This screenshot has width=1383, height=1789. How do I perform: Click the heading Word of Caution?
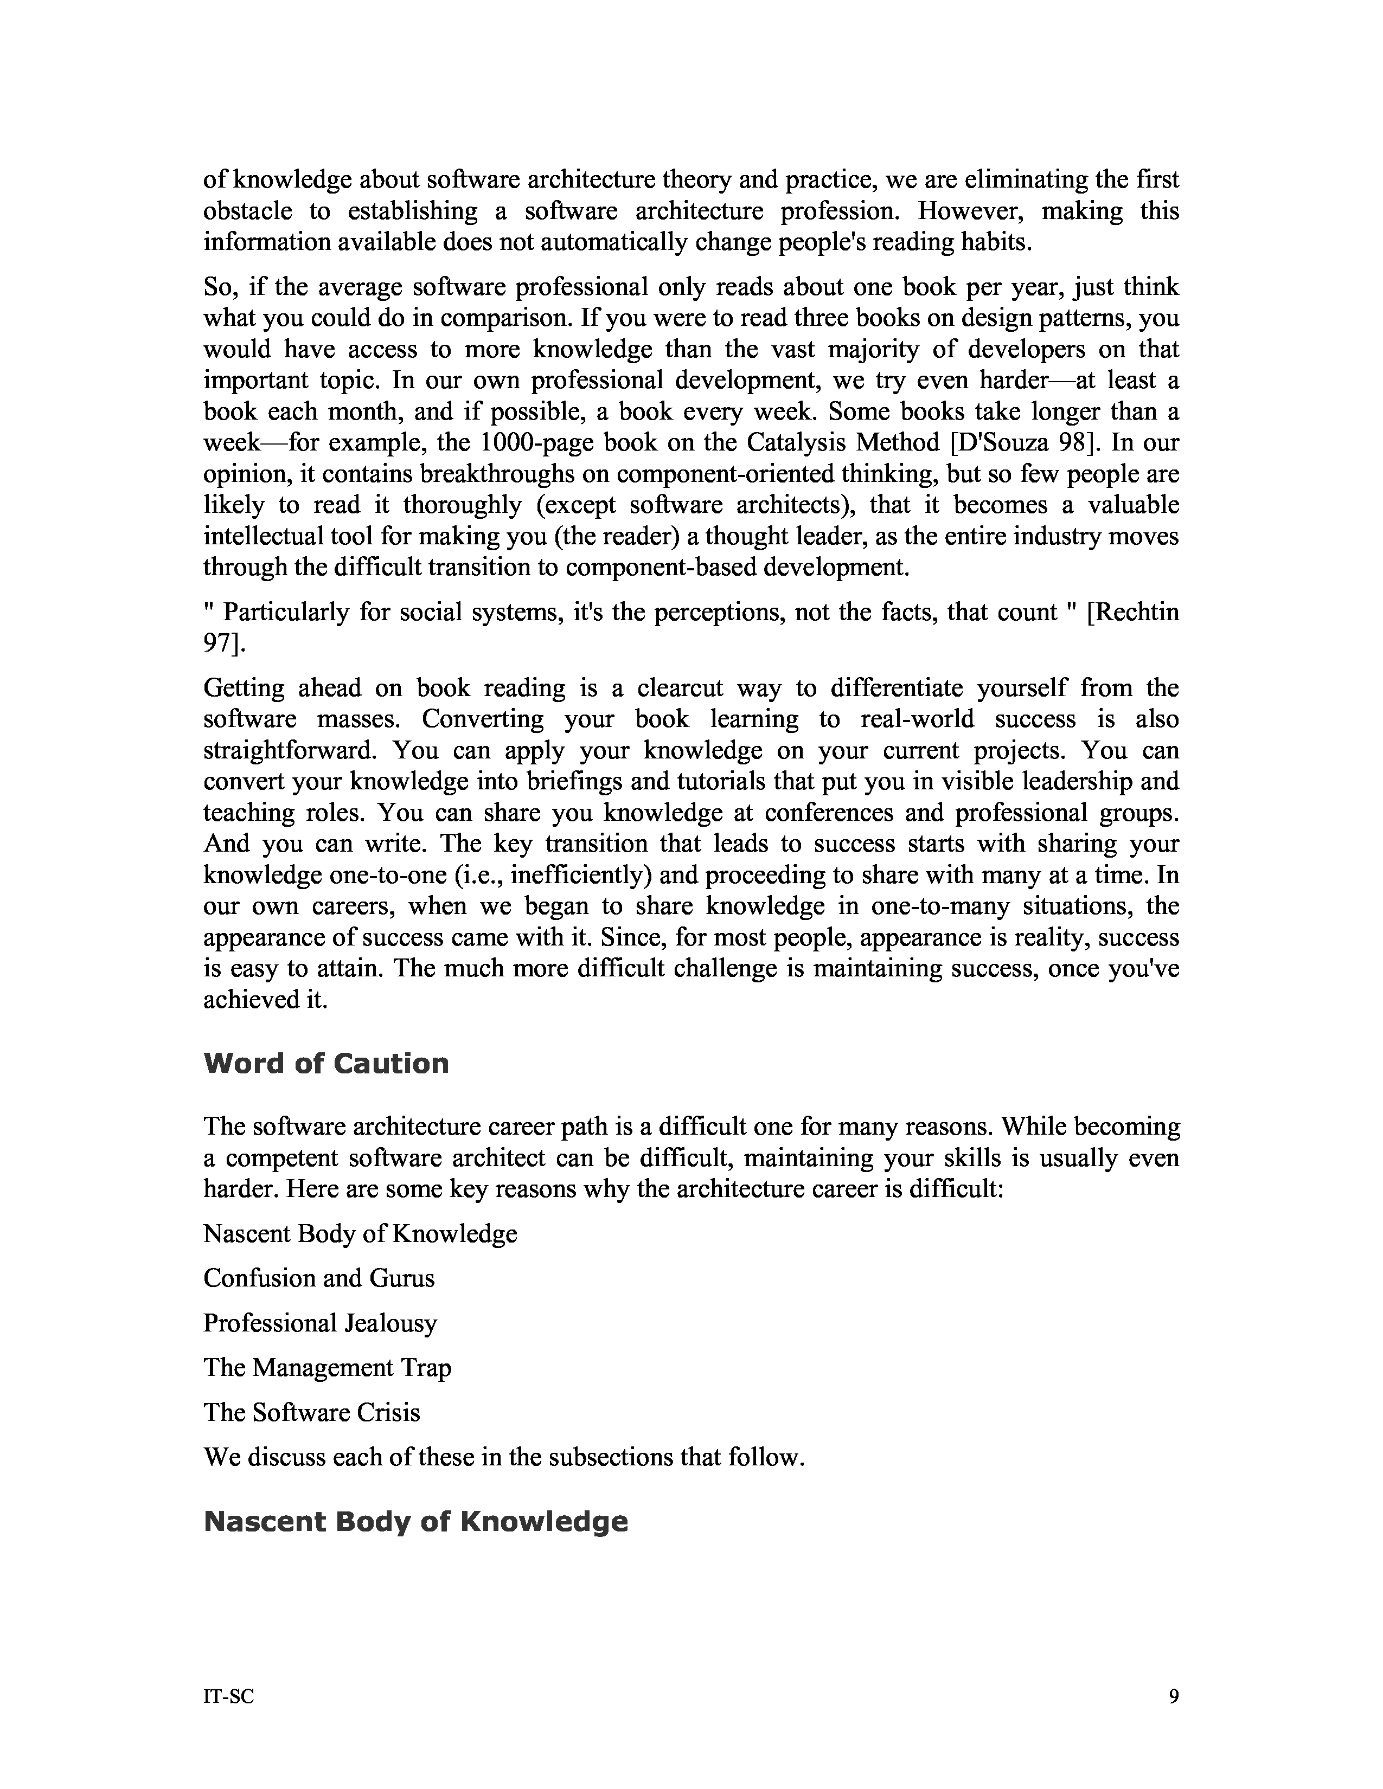[326, 1063]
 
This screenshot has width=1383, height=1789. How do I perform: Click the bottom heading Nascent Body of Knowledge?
[415, 1521]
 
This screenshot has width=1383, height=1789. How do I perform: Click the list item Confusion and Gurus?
[319, 1278]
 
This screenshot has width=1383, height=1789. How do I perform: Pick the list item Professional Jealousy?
[321, 1323]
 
